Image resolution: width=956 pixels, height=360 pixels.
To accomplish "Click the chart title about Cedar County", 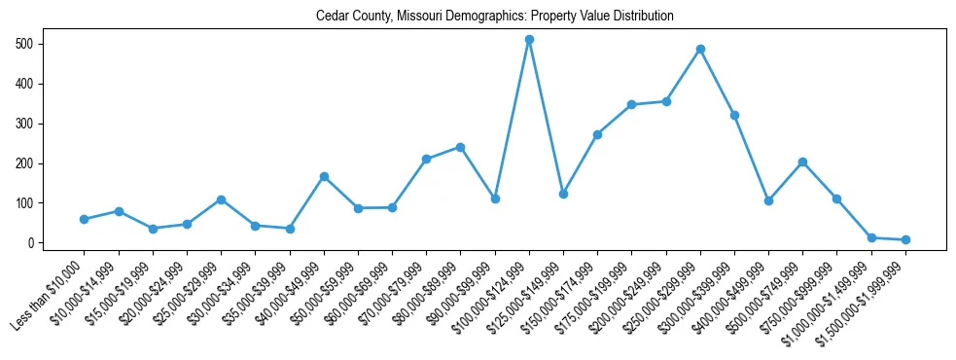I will pyautogui.click(x=494, y=17).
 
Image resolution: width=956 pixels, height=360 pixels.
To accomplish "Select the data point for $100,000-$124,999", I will pyautogui.click(x=529, y=40).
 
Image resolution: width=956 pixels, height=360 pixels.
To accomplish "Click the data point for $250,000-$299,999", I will pyautogui.click(x=700, y=49).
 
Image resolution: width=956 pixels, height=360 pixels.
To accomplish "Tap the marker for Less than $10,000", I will pyautogui.click(x=85, y=219).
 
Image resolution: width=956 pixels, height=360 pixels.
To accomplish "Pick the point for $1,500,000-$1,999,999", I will pyautogui.click(x=905, y=239).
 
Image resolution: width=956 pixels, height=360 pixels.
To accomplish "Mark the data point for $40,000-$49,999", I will pyautogui.click(x=324, y=176).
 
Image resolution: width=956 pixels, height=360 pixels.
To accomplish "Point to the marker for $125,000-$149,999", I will pyautogui.click(x=563, y=194).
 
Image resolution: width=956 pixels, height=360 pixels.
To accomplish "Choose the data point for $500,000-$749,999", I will pyautogui.click(x=802, y=162).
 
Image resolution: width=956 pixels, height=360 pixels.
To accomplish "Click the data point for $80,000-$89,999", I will pyautogui.click(x=460, y=147).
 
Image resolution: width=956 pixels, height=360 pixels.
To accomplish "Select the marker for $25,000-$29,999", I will pyautogui.click(x=221, y=199).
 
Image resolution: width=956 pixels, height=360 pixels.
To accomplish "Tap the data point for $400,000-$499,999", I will pyautogui.click(x=768, y=200).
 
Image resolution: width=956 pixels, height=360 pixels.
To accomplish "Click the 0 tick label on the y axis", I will pyautogui.click(x=31, y=242).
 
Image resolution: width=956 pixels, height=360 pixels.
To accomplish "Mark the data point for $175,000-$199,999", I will pyautogui.click(x=631, y=104).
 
